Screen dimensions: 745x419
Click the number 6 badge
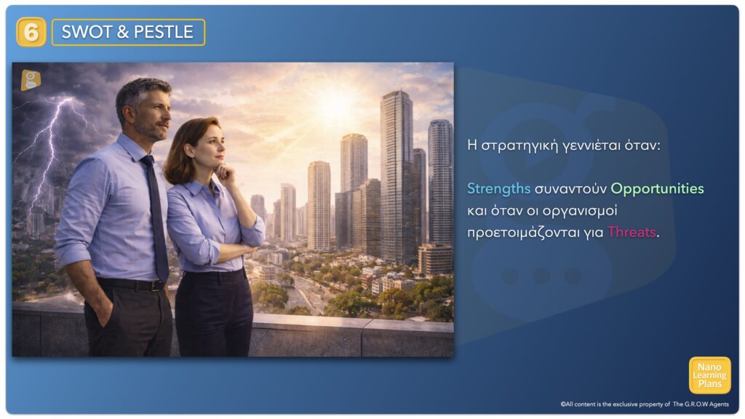coord(31,32)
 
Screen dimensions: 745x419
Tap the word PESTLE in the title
coord(164,32)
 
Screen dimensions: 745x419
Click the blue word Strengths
coord(498,188)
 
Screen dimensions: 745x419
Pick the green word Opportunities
coord(657,189)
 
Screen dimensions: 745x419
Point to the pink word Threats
coord(632,232)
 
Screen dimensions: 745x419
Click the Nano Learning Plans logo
coord(710,375)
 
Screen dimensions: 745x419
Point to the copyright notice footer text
coord(645,404)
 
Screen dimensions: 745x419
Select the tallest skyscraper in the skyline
coord(397,176)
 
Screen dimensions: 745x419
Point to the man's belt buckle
coord(156,286)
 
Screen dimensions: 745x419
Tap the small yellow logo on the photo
coord(31,80)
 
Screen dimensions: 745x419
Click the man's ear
coord(127,113)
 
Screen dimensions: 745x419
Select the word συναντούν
coord(570,189)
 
